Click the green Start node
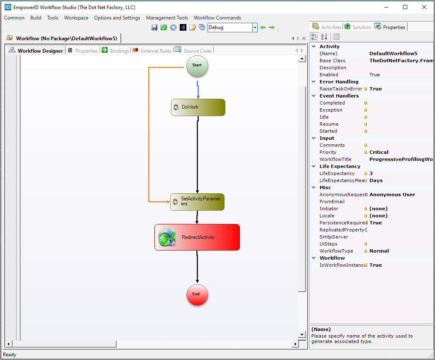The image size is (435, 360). point(197,66)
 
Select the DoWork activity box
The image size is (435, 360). point(198,107)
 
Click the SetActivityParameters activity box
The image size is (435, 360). point(197,202)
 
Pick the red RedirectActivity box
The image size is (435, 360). point(197,237)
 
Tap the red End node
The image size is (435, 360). point(197,294)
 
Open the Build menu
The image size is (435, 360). point(36,18)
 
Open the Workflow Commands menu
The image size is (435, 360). point(217,18)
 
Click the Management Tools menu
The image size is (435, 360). point(167,18)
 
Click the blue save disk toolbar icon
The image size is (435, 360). point(154,27)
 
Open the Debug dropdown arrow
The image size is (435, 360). point(255,27)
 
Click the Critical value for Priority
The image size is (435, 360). point(379,152)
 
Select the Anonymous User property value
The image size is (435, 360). point(392,195)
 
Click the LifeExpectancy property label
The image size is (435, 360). point(337,173)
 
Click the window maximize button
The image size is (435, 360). point(405,7)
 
